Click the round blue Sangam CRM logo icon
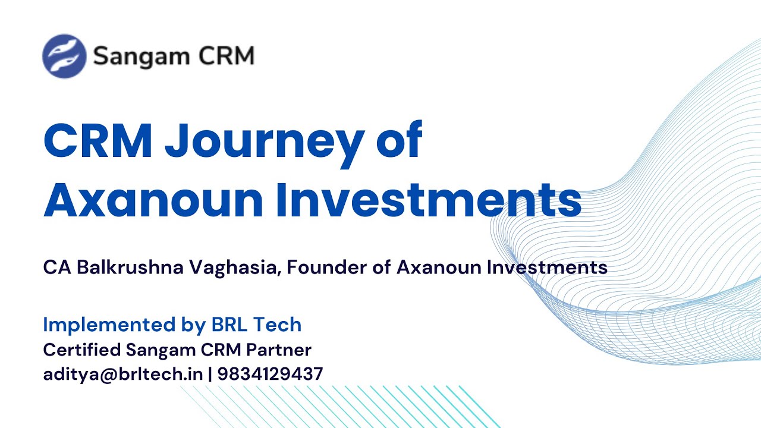click(x=64, y=56)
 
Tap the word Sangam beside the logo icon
click(x=141, y=56)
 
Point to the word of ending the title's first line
click(x=399, y=139)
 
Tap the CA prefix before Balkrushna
click(x=57, y=267)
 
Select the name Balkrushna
click(x=130, y=267)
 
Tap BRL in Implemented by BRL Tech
click(x=229, y=325)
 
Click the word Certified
click(x=82, y=350)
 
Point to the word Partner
click(x=279, y=350)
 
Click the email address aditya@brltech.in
click(x=123, y=374)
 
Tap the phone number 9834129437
click(x=270, y=374)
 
